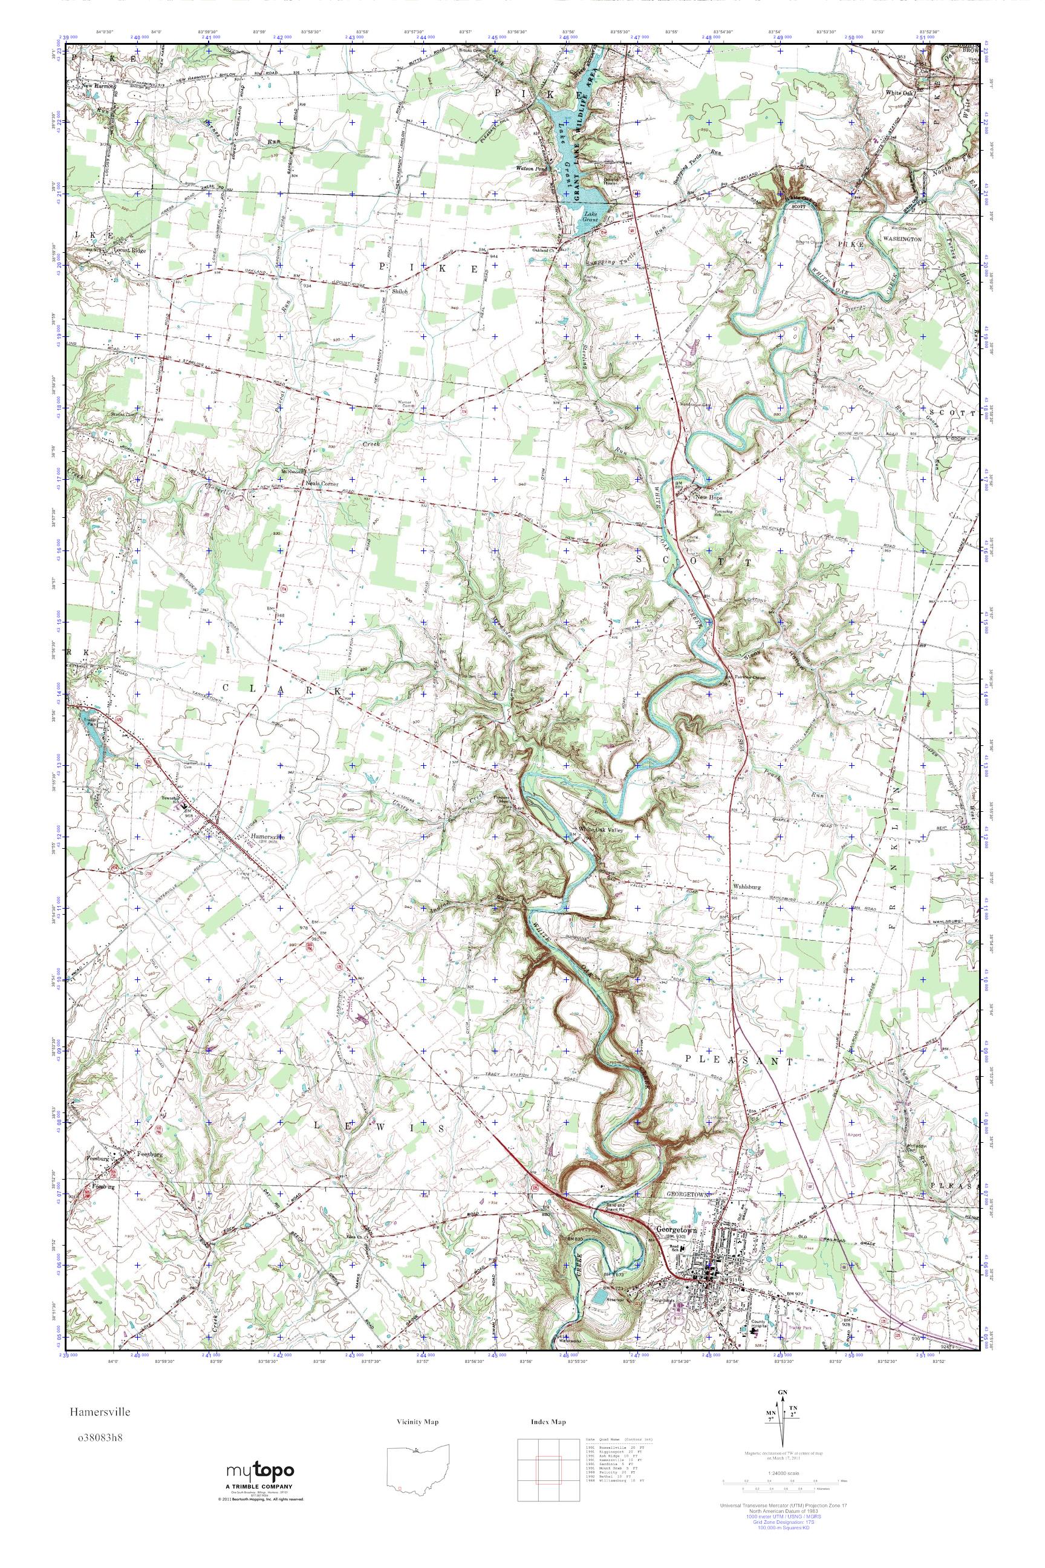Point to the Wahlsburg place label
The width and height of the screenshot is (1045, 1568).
point(747,886)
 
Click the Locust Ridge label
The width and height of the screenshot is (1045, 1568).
point(129,250)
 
